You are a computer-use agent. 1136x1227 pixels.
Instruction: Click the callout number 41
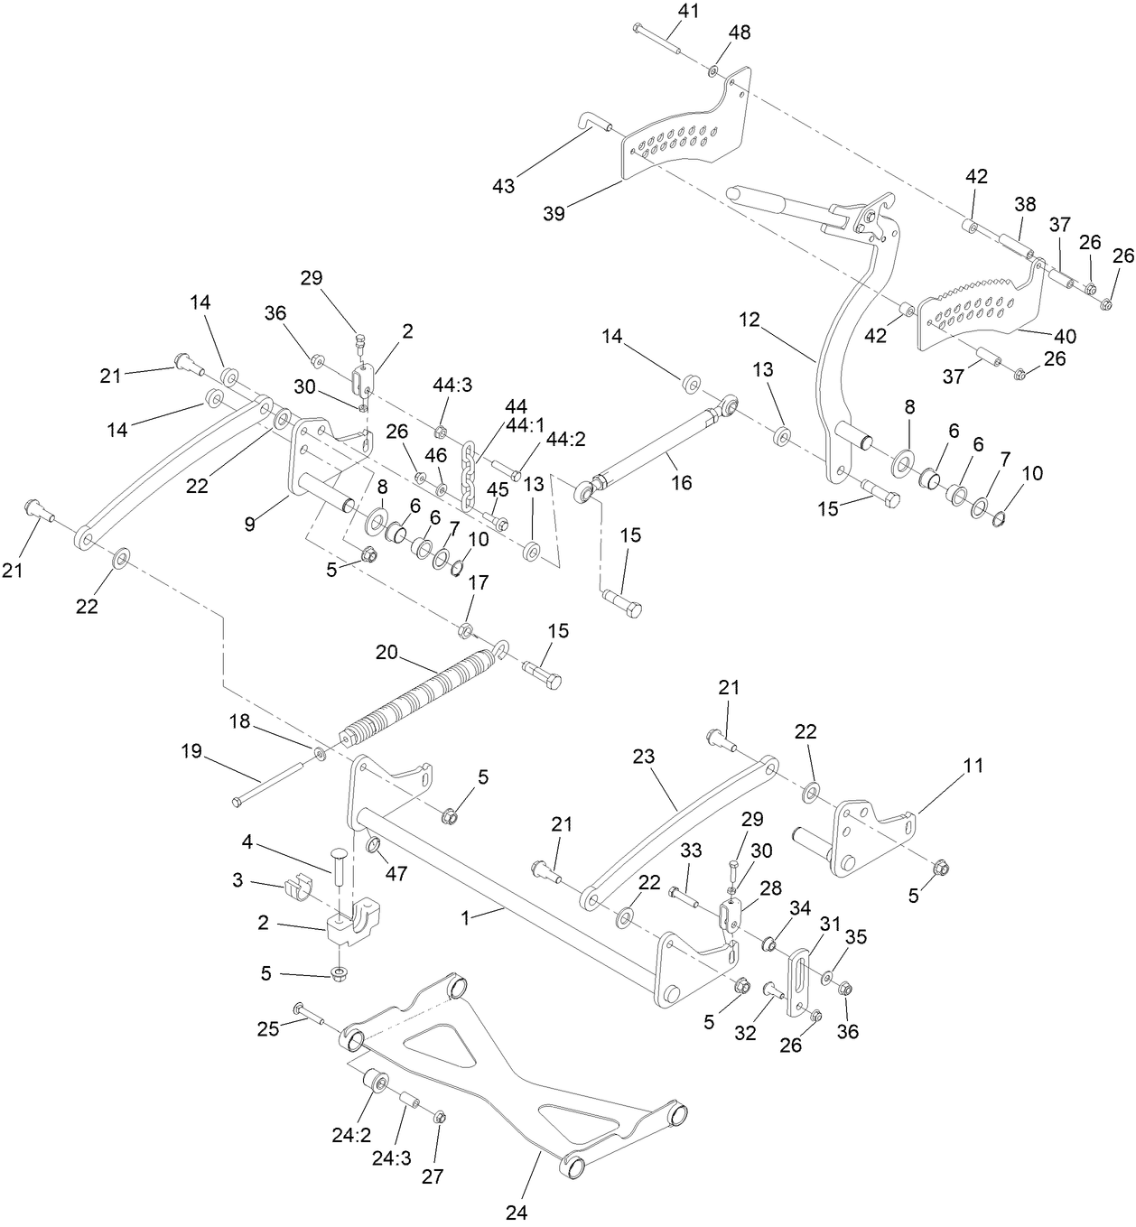coord(688,11)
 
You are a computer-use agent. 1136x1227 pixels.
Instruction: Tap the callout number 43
coord(504,186)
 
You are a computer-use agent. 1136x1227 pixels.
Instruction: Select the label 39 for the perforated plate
coord(554,214)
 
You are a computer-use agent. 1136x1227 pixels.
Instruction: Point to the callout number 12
coord(750,320)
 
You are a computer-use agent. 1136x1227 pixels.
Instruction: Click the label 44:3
coord(452,385)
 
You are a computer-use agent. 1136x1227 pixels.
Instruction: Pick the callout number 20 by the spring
coord(386,653)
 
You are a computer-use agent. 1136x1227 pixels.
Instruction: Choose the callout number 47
coord(396,873)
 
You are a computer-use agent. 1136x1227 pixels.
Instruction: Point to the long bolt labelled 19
coord(266,785)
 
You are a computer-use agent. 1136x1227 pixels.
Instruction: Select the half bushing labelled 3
coord(296,888)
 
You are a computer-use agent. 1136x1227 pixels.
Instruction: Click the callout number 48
coord(740,33)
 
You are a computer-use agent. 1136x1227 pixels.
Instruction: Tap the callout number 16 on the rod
coord(682,482)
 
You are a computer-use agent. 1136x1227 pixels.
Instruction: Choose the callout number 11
coord(973,767)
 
